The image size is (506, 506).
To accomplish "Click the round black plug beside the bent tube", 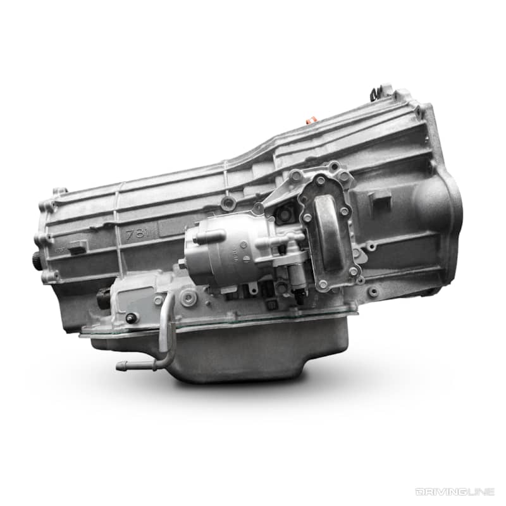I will pyautogui.click(x=132, y=318).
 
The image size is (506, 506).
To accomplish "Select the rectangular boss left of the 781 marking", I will pyautogui.click(x=77, y=247).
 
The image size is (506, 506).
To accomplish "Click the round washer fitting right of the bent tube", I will pyautogui.click(x=188, y=299).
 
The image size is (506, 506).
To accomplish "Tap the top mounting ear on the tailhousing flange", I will pyautogui.click(x=58, y=192).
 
